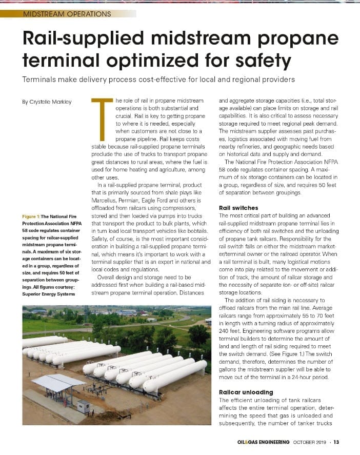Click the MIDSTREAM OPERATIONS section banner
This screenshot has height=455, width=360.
(67, 13)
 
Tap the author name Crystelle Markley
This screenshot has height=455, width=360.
(47, 102)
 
